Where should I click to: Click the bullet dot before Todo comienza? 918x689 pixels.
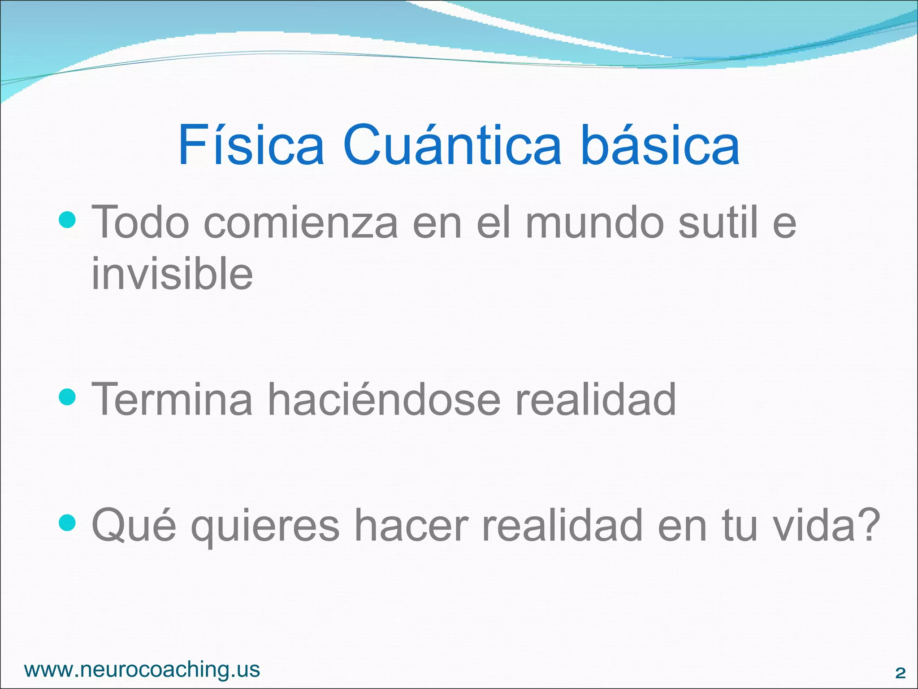67,220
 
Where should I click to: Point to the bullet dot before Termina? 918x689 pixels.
67,397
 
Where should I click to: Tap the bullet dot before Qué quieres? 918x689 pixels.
67,523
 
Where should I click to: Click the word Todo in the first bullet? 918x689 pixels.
140,222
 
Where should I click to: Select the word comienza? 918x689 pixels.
300,222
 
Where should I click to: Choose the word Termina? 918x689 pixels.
172,399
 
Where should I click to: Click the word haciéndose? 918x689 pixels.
384,399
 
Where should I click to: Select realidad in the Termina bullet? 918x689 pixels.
595,399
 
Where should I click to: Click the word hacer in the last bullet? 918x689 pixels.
411,525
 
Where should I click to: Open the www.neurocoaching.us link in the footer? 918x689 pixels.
142,669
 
